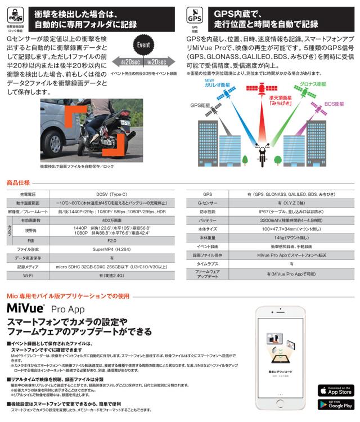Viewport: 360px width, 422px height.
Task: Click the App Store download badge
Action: (x=335, y=390)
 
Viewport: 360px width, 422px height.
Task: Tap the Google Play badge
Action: (x=335, y=405)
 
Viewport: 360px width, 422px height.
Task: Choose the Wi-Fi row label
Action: (x=26, y=276)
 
